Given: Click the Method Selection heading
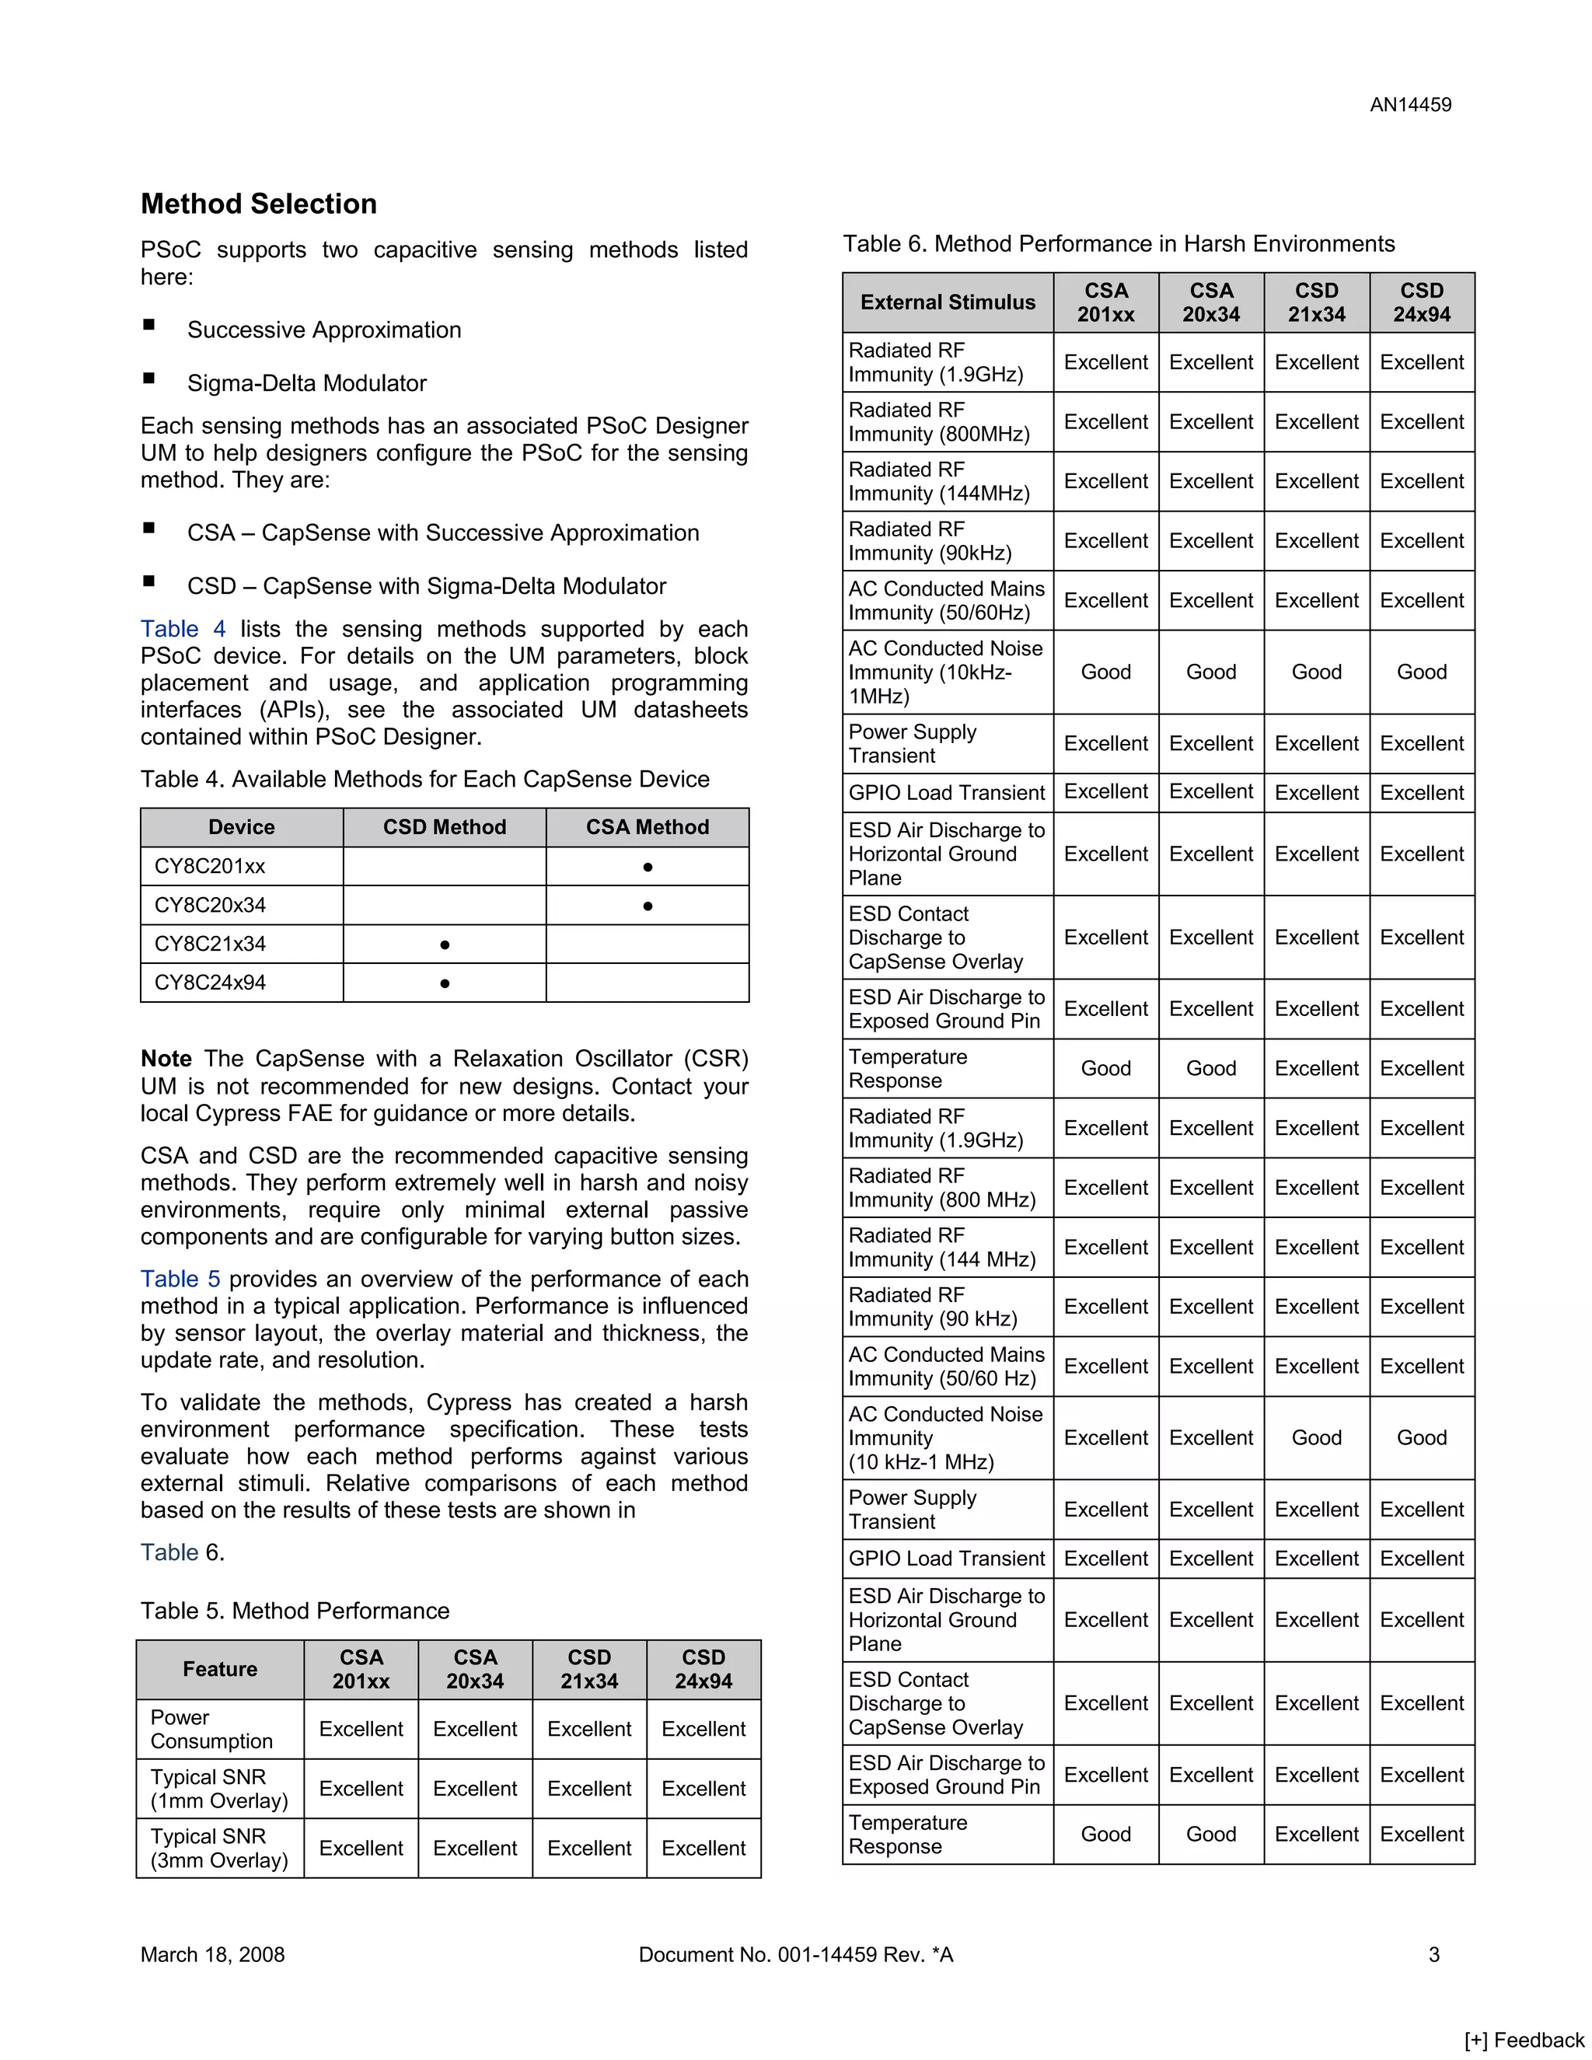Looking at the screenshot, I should click(258, 204).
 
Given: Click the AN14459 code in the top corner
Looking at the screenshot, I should click(1410, 105).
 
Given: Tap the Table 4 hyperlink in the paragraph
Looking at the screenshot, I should click(183, 629).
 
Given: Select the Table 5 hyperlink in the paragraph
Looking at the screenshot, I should click(180, 1279).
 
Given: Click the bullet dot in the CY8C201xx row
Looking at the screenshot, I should click(647, 867).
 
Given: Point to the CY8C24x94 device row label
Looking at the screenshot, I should click(211, 983).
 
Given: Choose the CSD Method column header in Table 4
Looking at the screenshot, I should click(444, 827).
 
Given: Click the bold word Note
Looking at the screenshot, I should click(166, 1058).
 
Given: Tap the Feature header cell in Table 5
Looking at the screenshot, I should click(220, 1670).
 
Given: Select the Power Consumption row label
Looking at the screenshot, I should click(211, 1729).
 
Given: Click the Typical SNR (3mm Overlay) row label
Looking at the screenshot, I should click(218, 1848).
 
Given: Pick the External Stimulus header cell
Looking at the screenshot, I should click(947, 302).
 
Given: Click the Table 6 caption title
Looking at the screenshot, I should click(1118, 244).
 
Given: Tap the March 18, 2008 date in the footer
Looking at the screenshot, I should click(212, 1954).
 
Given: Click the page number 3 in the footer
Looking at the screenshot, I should click(1433, 1954).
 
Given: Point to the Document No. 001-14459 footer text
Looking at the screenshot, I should click(795, 1954).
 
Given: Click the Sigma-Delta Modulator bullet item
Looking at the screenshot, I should click(306, 383).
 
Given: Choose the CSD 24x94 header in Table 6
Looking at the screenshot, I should click(1421, 302).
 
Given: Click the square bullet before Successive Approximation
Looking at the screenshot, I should click(149, 326).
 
